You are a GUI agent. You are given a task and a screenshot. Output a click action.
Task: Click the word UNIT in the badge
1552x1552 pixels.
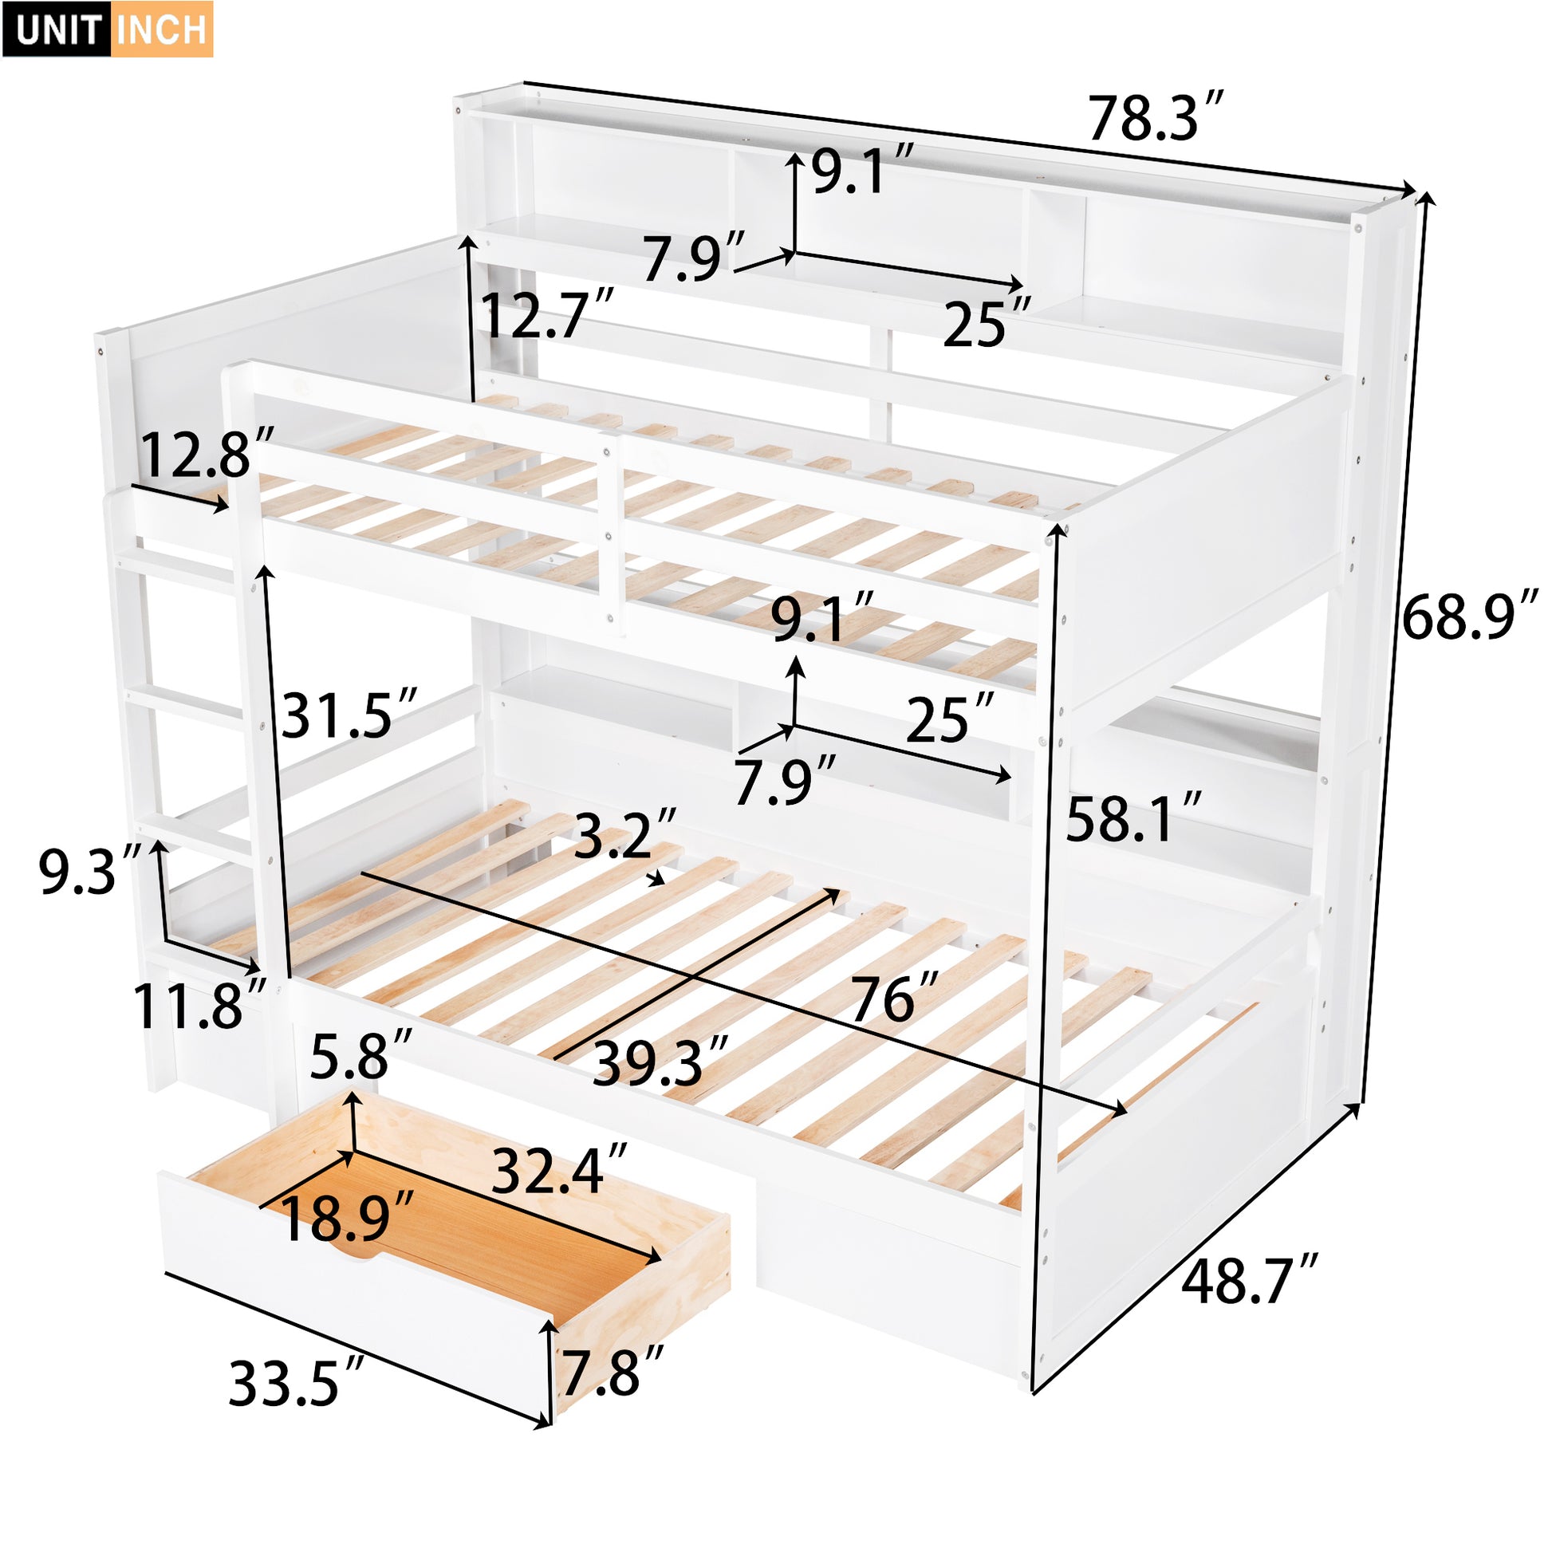click(x=57, y=30)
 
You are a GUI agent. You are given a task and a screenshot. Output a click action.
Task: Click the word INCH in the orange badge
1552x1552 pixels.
click(x=161, y=30)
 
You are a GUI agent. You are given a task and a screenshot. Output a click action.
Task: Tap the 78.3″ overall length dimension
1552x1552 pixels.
click(x=1154, y=118)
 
